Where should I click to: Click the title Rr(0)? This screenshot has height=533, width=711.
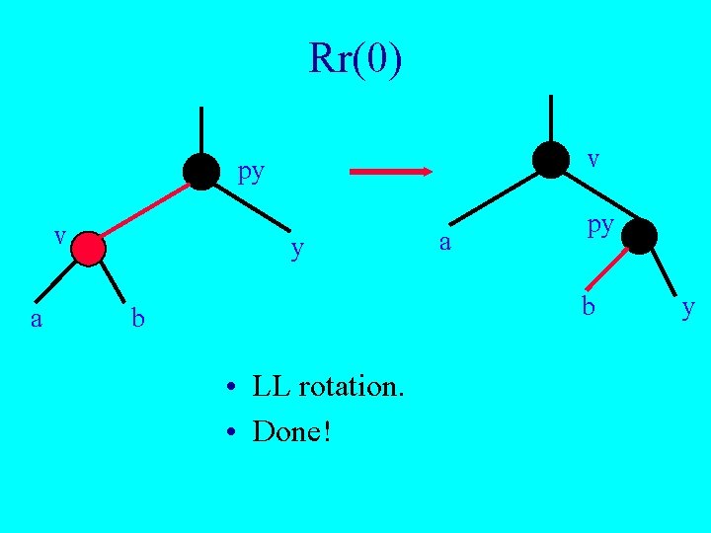coord(355,59)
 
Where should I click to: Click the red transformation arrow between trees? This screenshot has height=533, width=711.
coord(392,172)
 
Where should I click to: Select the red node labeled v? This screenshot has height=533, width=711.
coord(88,248)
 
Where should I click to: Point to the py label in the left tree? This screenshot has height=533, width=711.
coord(252,173)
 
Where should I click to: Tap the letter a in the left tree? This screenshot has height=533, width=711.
coord(37,318)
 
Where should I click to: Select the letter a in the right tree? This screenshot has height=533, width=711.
coord(445,241)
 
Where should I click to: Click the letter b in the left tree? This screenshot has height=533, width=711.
coord(138,319)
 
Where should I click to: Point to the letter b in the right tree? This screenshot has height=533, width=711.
coord(589,306)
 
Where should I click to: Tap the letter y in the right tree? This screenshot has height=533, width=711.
coord(688,310)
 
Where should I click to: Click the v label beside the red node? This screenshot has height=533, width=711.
coord(60,236)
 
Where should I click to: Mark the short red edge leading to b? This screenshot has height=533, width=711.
coord(612,267)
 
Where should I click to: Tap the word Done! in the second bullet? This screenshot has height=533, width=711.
coord(291,431)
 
